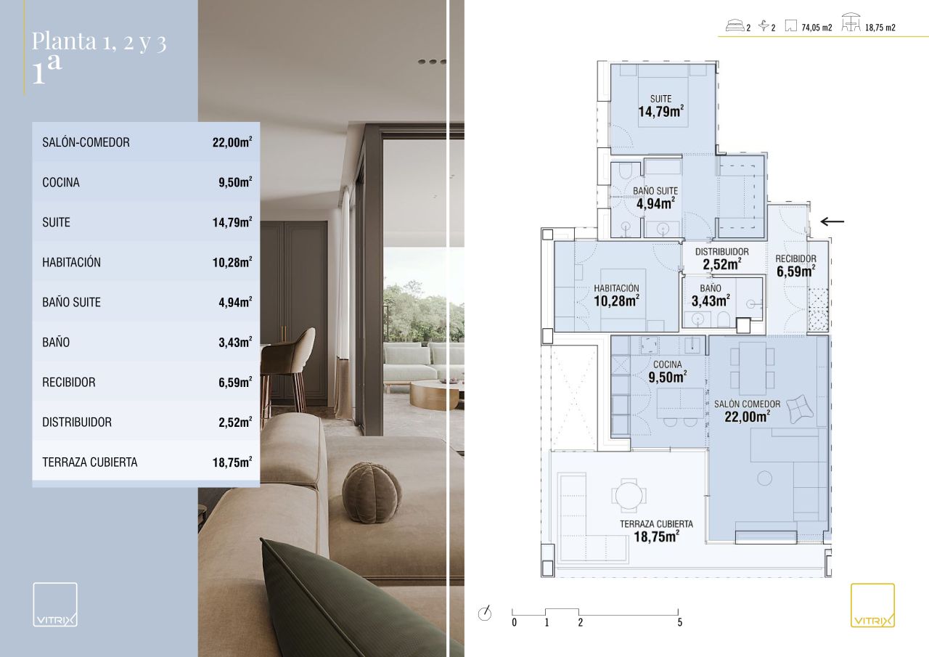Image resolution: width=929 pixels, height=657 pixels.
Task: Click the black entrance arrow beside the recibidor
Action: pos(832,221)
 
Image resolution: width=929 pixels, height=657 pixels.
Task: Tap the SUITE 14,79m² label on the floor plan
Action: pos(660,106)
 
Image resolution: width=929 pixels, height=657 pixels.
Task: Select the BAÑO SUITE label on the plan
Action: pos(655,198)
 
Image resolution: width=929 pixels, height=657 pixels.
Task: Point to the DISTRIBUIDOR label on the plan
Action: pos(722,258)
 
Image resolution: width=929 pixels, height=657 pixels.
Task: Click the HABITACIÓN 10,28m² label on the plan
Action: pos(616,295)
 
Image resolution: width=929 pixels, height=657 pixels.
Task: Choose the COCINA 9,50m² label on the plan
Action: pos(667,371)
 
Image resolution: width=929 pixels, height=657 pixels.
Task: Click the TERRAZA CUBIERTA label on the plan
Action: pos(657,531)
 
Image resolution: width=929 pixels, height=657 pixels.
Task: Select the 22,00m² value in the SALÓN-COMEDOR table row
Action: pos(232,142)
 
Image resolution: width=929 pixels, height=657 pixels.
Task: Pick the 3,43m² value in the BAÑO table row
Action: pos(235,342)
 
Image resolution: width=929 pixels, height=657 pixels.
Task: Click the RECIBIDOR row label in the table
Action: pos(69,382)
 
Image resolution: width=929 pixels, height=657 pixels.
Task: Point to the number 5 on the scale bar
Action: pos(680,622)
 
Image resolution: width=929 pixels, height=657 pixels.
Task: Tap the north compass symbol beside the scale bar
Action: pos(485,613)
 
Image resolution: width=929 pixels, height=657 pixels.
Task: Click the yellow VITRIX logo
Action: pos(872,605)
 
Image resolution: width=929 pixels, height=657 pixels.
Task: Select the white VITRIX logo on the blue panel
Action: pos(55,604)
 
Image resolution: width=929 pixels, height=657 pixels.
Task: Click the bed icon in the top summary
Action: pos(734,25)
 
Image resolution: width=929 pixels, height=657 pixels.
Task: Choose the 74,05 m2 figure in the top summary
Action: pos(817,28)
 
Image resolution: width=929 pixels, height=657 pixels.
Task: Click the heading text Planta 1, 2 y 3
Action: pos(99,42)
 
